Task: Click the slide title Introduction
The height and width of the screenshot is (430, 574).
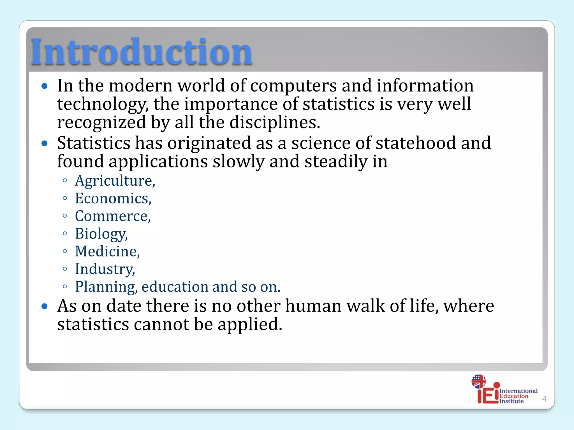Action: coord(142,52)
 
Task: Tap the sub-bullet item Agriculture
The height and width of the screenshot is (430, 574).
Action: coord(115,181)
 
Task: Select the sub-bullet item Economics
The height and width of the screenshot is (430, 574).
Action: coord(113,198)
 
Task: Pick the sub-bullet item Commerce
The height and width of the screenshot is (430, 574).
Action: coord(113,216)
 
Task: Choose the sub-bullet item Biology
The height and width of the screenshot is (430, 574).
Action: coord(101,234)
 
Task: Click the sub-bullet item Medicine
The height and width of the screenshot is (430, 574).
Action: coord(107,251)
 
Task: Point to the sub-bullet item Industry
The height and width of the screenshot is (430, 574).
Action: coord(105,269)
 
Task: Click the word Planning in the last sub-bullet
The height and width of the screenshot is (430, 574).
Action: coord(106,287)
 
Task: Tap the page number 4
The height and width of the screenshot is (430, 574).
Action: coord(544,399)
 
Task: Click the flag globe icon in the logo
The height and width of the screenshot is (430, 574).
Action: coord(478,381)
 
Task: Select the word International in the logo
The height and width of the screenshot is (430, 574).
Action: coord(518,391)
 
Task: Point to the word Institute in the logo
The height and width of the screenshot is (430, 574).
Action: coord(511,401)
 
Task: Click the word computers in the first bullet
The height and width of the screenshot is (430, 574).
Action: coord(293,86)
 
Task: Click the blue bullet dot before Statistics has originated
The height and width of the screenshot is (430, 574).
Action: coord(45,144)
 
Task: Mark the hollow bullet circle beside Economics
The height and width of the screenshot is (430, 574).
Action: coord(65,198)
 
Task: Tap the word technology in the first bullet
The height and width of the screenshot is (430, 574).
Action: coord(103,104)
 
